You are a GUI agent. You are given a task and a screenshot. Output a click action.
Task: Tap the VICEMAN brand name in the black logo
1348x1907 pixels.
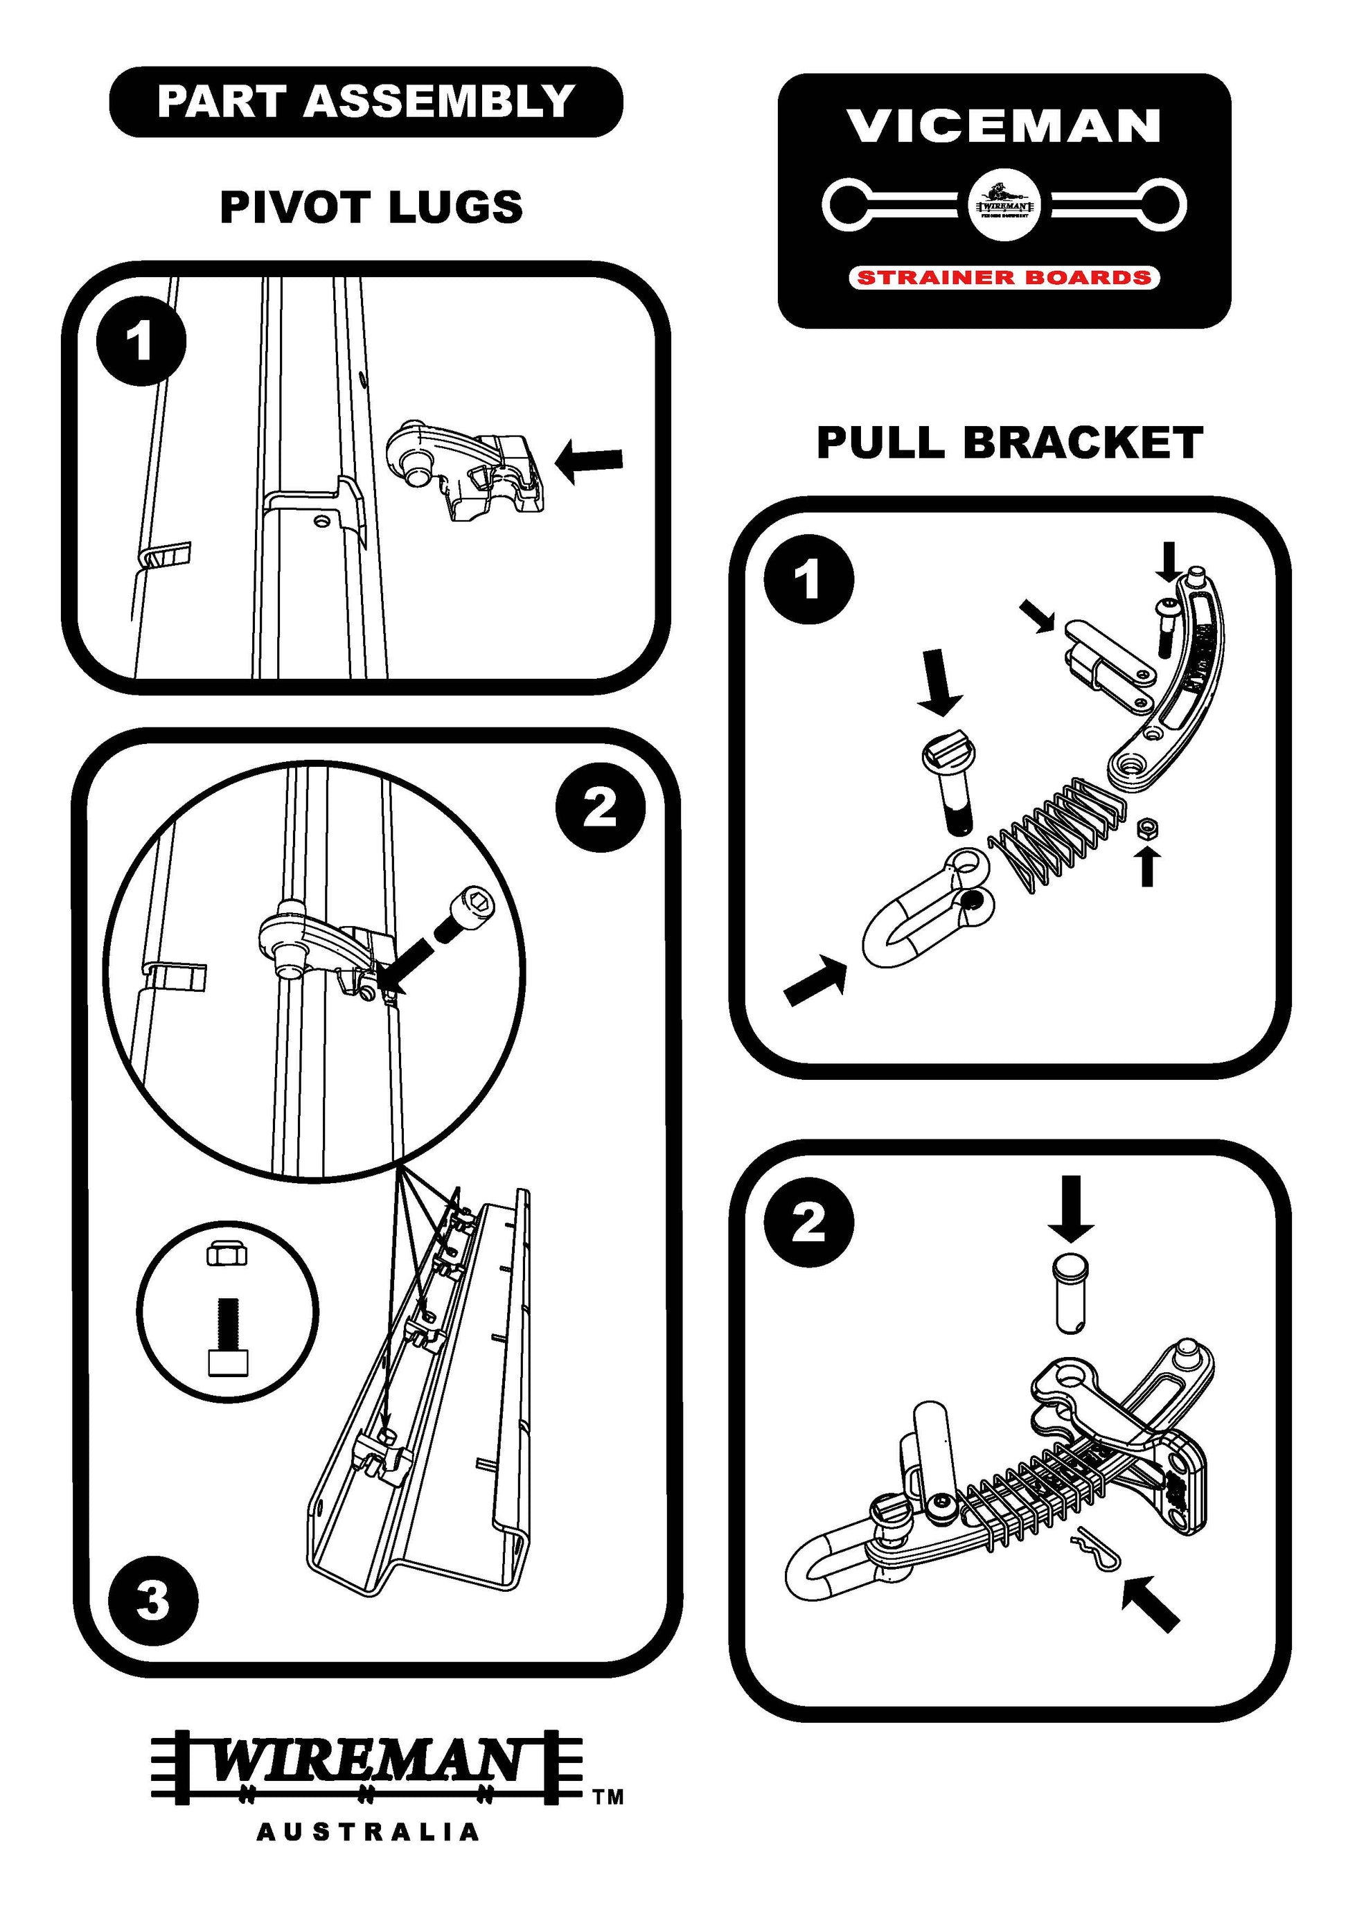(1003, 126)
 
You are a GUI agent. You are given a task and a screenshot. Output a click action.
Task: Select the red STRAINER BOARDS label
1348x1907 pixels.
(1003, 277)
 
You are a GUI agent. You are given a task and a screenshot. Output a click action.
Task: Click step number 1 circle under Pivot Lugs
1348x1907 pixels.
(141, 341)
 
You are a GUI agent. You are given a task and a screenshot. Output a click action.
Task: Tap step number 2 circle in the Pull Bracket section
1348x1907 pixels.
(808, 1223)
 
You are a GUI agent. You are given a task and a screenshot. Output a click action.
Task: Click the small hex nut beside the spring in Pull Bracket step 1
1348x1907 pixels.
(1148, 827)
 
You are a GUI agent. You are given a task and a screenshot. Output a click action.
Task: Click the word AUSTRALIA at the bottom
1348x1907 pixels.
(368, 1854)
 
